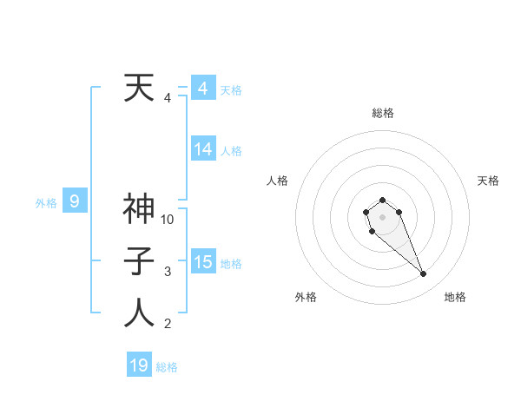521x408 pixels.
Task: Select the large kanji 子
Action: [x=140, y=260]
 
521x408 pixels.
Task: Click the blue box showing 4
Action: [x=202, y=89]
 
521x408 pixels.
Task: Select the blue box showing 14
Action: [x=202, y=149]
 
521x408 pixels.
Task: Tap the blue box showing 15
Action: [x=202, y=262]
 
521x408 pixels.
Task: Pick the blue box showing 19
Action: [x=139, y=365]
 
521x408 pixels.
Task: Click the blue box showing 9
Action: [x=75, y=202]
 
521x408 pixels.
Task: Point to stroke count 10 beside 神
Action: [x=168, y=220]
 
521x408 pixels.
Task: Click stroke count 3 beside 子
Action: [x=168, y=272]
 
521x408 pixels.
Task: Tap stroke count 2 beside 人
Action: [x=168, y=325]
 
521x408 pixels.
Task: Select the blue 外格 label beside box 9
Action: [x=46, y=203]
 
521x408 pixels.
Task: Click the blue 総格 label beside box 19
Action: [x=167, y=367]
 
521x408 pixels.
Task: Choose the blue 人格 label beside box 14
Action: [x=231, y=151]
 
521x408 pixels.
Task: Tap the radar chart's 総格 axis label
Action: [x=382, y=113]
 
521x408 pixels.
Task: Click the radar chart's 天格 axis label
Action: [x=488, y=181]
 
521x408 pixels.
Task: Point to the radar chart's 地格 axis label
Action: [x=455, y=297]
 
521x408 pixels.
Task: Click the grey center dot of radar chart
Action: [x=382, y=215]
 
